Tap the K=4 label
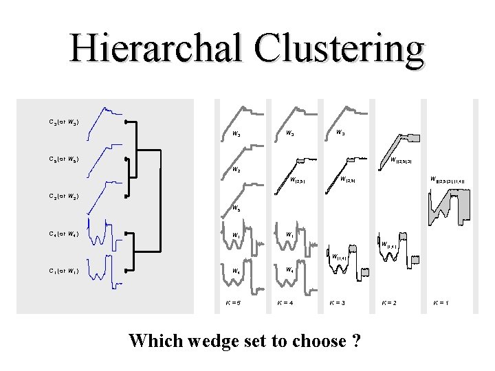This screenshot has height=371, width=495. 286,302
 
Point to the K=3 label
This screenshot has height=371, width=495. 336,302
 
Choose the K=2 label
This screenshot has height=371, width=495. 389,302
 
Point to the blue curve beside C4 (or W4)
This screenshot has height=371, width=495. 103,234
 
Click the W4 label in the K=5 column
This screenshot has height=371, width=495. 236,271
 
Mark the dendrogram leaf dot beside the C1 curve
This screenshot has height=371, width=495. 127,271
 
